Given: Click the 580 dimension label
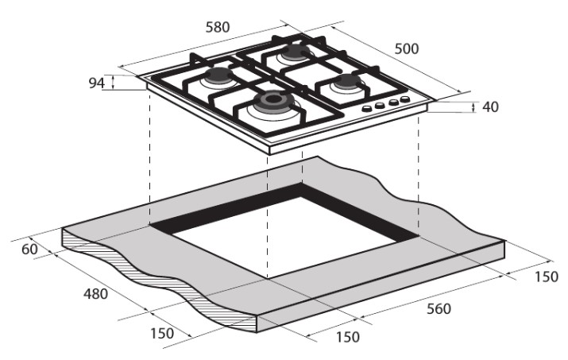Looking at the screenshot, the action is (x=218, y=27).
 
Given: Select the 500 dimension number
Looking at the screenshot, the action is (x=407, y=48).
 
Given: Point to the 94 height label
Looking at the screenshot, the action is (x=97, y=83).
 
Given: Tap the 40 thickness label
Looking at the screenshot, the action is (x=490, y=107).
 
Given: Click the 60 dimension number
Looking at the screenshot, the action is (x=29, y=250).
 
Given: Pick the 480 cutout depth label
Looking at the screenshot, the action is (x=95, y=294).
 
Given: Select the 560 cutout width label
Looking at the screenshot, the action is (x=439, y=309).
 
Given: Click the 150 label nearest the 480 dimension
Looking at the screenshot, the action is (x=162, y=334).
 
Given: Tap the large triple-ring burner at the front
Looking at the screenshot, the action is (x=273, y=101).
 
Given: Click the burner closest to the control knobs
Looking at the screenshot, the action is (x=348, y=82).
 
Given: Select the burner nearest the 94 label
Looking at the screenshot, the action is (x=218, y=75).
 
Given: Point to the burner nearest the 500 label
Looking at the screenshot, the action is (x=296, y=52).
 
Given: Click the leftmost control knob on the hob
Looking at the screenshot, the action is (x=367, y=108).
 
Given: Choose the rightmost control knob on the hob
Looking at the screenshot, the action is (x=404, y=99).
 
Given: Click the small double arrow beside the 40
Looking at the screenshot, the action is (x=473, y=107).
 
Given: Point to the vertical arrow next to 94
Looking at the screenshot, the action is (x=113, y=83).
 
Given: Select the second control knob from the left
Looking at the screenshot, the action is (x=380, y=105).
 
